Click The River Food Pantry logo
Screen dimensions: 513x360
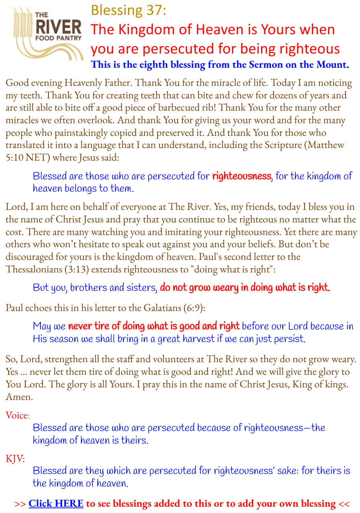tap(47, 33)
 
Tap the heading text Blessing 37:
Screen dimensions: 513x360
tap(128, 10)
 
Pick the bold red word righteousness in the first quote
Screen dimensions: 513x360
tap(241, 176)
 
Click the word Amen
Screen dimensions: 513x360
tap(19, 397)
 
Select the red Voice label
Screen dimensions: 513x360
tap(17, 415)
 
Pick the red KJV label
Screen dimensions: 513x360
tap(15, 458)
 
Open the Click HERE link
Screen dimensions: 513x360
tap(56, 504)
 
